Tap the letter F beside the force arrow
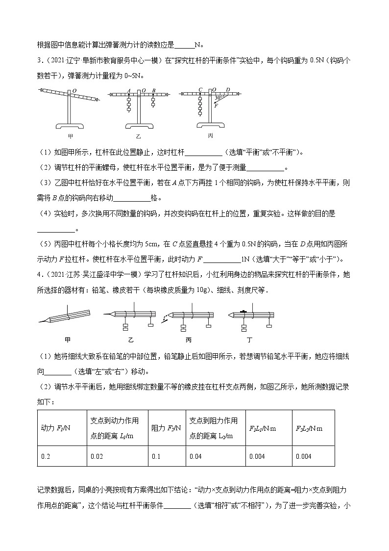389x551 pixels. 216,104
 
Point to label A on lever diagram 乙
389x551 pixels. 128,90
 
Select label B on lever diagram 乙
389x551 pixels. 154,90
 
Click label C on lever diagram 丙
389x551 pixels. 200,90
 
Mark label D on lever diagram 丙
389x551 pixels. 228,90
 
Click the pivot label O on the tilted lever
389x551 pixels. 74,90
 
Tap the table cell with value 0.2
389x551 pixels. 46,456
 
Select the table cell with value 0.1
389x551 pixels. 156,456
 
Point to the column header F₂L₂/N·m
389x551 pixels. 309,428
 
